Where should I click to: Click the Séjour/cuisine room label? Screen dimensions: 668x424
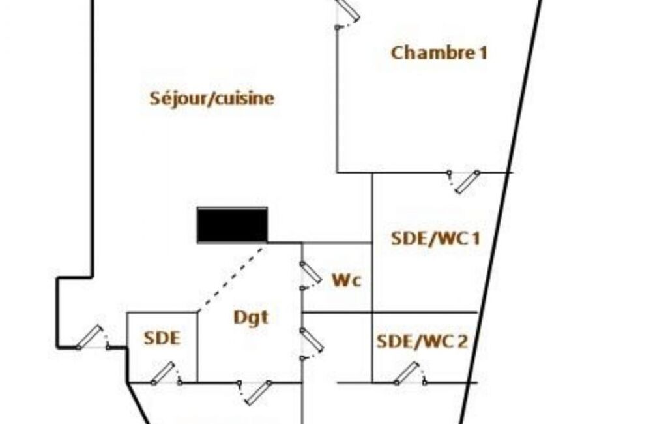coord(212,98)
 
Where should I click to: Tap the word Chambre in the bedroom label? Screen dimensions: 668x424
coord(430,53)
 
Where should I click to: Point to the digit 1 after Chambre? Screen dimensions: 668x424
coord(483,53)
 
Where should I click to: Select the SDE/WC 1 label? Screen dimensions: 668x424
coord(435,238)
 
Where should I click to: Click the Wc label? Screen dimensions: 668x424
coord(347,280)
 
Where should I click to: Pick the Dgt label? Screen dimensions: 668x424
coord(251,318)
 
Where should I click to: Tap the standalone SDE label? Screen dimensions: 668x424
coord(162,339)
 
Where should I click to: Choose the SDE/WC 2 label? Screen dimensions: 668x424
coord(422,341)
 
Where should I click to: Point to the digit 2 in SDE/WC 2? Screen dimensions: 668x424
coord(462,341)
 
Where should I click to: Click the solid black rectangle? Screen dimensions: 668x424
coord(232,225)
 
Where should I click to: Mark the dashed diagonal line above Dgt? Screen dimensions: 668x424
coord(232,277)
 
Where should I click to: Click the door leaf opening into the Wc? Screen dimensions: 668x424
coord(311,273)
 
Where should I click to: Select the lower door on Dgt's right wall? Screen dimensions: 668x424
coord(312,340)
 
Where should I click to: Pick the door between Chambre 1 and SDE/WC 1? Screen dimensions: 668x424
coord(468,182)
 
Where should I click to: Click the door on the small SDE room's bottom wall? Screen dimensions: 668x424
coord(163,373)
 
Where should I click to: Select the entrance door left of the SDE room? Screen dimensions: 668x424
coord(89,337)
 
